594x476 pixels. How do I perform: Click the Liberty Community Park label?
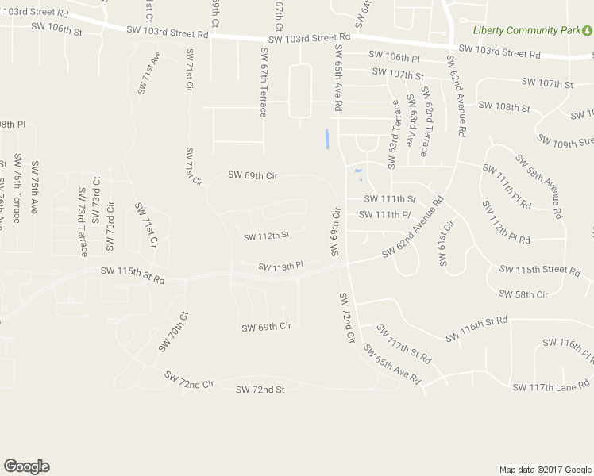(x=526, y=30)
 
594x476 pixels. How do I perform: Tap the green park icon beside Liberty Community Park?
(x=586, y=30)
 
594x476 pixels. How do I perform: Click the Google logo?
(x=26, y=466)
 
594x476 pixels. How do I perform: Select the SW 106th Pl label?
(x=394, y=56)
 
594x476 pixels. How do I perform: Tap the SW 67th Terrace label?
(x=264, y=81)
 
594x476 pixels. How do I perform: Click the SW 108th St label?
(x=503, y=107)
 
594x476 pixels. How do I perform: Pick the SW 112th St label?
(x=267, y=236)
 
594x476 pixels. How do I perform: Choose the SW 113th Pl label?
(x=281, y=267)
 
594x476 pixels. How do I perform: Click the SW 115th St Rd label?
(x=133, y=276)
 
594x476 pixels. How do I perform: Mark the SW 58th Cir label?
(x=523, y=294)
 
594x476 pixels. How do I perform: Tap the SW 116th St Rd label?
(x=476, y=330)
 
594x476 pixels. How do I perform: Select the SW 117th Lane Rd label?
(x=551, y=387)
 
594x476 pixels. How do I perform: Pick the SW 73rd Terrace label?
(x=83, y=222)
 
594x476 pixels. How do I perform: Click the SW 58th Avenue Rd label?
(x=540, y=186)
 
